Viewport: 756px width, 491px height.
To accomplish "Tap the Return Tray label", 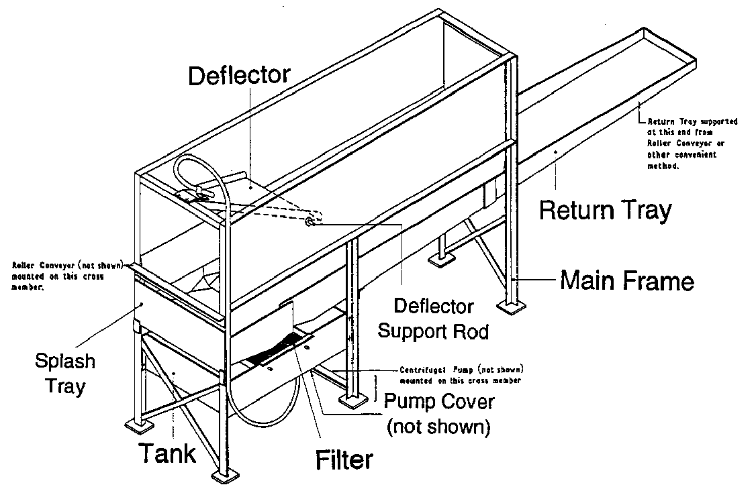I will (x=605, y=210).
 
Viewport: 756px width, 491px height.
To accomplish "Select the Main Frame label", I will (x=626, y=279).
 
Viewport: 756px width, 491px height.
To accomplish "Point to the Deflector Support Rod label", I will (x=434, y=319).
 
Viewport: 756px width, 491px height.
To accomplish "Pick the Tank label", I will (x=168, y=453).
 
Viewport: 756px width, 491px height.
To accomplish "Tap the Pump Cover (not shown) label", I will (x=438, y=413).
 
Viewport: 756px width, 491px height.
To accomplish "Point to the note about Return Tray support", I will (x=692, y=144).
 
